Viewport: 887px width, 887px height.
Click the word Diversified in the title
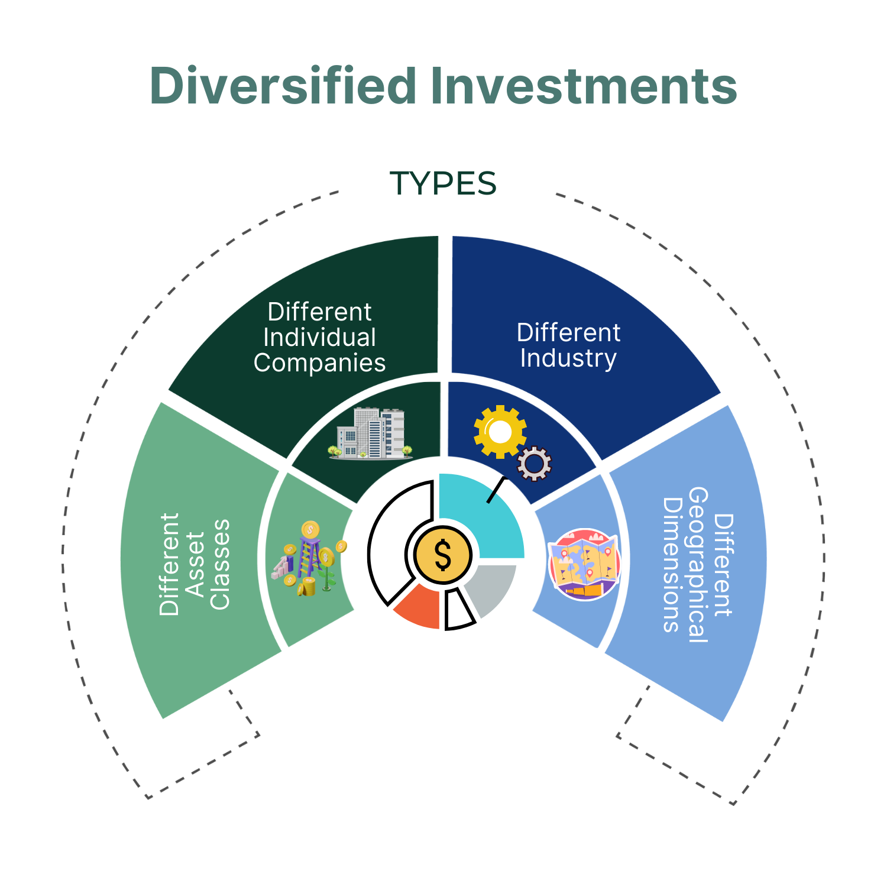[283, 86]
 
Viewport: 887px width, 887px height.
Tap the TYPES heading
[443, 183]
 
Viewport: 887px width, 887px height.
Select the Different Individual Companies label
[319, 337]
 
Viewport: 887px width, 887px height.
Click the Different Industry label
[568, 345]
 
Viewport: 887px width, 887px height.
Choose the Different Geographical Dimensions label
[698, 565]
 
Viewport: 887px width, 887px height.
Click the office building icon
[371, 433]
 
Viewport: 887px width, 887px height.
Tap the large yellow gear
[500, 432]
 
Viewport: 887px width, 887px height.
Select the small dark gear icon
[535, 464]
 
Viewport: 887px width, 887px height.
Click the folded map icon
[584, 565]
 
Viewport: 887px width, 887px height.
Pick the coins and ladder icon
[309, 559]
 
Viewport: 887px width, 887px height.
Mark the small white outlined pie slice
[458, 609]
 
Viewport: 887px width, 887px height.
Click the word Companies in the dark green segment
[319, 363]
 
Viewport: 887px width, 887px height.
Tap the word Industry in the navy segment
[568, 359]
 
